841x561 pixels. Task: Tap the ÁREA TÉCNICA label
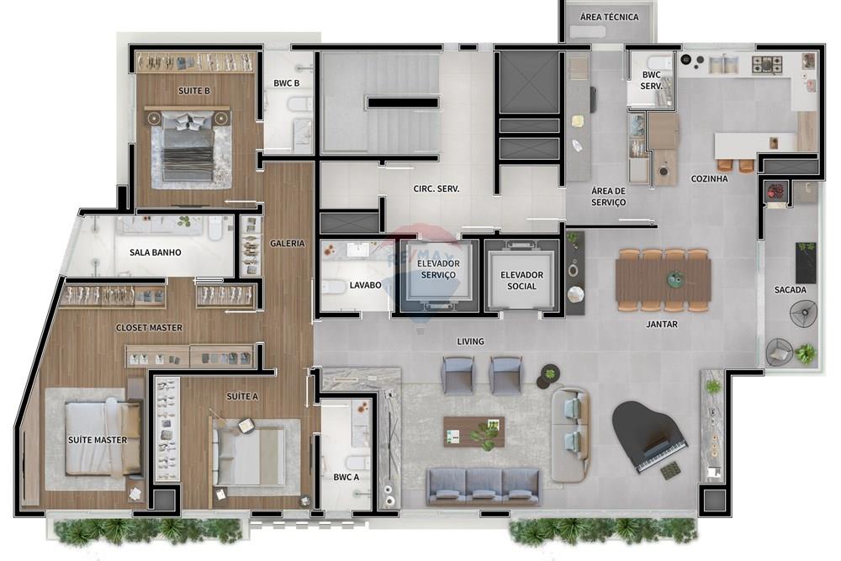point(610,17)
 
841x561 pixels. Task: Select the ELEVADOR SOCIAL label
point(521,280)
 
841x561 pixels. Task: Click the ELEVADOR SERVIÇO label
point(437,269)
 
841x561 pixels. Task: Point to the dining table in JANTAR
point(663,279)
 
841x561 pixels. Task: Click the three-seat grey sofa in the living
point(483,485)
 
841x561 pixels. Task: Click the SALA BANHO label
point(155,252)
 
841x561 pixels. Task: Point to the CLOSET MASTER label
point(149,327)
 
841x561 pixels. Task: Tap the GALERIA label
point(287,243)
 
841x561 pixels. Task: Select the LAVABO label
point(366,285)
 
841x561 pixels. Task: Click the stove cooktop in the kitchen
point(766,63)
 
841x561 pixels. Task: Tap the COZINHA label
point(709,178)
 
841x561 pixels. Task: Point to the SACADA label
point(790,290)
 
